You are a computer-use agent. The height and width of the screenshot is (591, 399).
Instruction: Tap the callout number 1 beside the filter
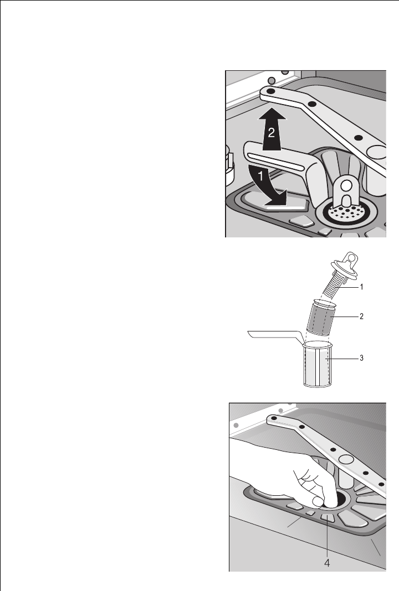361,287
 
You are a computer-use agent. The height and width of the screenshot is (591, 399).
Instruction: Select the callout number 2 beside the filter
361,316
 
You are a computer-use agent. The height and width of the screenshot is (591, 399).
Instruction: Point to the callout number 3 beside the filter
361,358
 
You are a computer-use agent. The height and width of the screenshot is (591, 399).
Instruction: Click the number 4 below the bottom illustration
328,563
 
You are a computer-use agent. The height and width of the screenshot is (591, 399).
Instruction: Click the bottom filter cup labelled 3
318,365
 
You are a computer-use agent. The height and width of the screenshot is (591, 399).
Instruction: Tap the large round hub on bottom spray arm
346,459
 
